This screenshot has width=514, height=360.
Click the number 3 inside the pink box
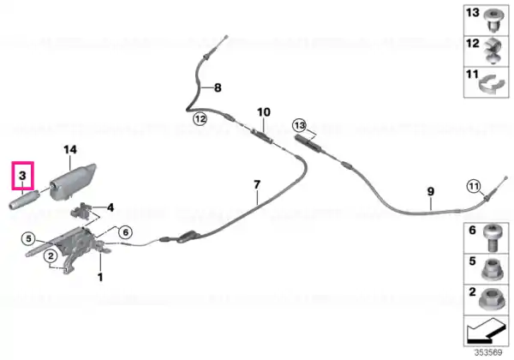click(22, 176)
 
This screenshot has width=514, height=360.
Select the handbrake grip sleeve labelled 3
click(24, 200)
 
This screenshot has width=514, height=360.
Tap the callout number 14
click(70, 150)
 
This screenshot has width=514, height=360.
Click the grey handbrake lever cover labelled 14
click(73, 182)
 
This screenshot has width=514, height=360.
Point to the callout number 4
click(111, 207)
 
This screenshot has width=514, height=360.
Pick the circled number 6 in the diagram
click(126, 232)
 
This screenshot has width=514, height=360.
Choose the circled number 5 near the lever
click(28, 238)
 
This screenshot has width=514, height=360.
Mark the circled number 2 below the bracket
click(51, 255)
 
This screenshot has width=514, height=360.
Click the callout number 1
click(100, 278)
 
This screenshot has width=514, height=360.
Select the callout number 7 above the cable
click(257, 184)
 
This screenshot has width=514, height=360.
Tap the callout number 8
click(218, 88)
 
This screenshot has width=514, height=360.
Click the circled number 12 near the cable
click(200, 118)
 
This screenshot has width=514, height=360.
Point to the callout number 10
click(264, 112)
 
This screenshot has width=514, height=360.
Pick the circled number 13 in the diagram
click(299, 125)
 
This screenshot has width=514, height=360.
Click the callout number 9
click(430, 191)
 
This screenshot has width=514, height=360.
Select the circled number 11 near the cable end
click(474, 187)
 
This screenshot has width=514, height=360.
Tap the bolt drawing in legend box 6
click(493, 237)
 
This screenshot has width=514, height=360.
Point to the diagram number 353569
click(488, 353)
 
